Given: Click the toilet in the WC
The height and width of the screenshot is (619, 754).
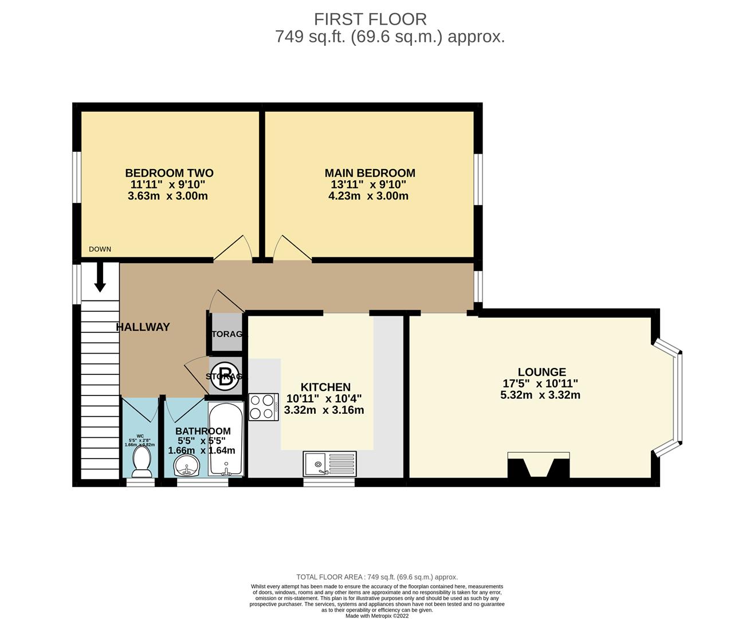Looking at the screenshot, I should pyautogui.click(x=141, y=461).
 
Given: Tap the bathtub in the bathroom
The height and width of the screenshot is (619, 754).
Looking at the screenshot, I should pyautogui.click(x=226, y=439).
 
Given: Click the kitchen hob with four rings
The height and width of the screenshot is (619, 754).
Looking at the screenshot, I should pyautogui.click(x=264, y=407).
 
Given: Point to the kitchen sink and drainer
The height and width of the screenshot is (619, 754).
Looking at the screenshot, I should pyautogui.click(x=329, y=463).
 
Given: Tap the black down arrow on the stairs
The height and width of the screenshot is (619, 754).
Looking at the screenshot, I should pyautogui.click(x=100, y=277).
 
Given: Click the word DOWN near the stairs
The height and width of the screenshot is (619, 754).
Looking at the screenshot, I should pyautogui.click(x=100, y=249).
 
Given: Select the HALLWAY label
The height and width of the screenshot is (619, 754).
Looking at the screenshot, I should pyautogui.click(x=143, y=327).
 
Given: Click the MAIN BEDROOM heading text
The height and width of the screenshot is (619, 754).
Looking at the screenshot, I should pyautogui.click(x=370, y=173).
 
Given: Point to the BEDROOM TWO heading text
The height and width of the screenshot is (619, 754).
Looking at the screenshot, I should pyautogui.click(x=169, y=173).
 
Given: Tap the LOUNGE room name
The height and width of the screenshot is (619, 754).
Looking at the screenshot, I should pyautogui.click(x=541, y=372).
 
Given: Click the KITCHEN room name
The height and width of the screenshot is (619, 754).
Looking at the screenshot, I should pyautogui.click(x=325, y=387).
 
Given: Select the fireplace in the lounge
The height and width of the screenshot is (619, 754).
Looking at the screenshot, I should pyautogui.click(x=539, y=465).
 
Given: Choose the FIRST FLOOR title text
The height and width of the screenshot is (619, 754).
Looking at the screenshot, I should pyautogui.click(x=370, y=19).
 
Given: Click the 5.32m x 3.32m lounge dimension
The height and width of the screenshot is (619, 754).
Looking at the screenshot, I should pyautogui.click(x=540, y=395).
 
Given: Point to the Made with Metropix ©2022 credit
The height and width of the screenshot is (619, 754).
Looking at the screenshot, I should pyautogui.click(x=377, y=616).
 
